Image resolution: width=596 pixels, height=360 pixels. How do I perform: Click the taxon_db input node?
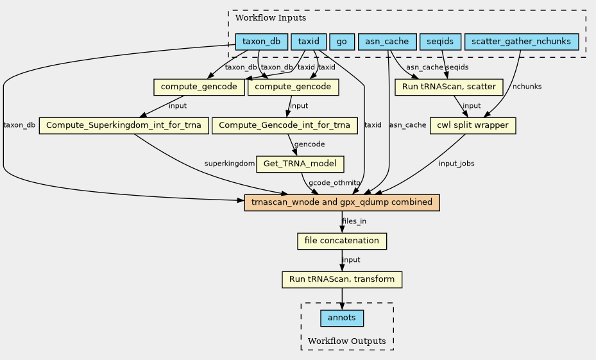pyautogui.click(x=262, y=42)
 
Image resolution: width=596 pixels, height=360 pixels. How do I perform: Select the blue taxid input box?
pyautogui.click(x=309, y=42)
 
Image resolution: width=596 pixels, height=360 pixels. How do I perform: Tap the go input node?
pyautogui.click(x=342, y=42)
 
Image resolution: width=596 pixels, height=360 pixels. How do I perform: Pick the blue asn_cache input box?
pyautogui.click(x=387, y=42)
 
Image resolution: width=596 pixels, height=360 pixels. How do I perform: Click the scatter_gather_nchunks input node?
pyautogui.click(x=522, y=42)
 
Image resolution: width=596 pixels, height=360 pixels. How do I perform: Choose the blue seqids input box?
pyautogui.click(x=440, y=42)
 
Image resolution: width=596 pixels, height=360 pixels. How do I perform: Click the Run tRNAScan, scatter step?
pyautogui.click(x=449, y=87)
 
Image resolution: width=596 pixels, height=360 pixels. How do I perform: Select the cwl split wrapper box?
pyautogui.click(x=473, y=125)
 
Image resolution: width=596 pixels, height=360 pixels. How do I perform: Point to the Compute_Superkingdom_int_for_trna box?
pyautogui.click(x=124, y=125)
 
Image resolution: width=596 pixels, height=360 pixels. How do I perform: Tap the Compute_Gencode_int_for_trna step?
pyautogui.click(x=285, y=125)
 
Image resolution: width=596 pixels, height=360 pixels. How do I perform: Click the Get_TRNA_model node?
pyautogui.click(x=300, y=164)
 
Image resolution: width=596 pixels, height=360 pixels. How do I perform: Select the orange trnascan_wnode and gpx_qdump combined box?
pyautogui.click(x=342, y=203)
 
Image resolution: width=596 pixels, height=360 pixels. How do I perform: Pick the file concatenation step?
pyautogui.click(x=342, y=241)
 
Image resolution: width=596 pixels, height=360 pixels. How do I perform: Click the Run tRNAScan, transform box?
pyautogui.click(x=342, y=279)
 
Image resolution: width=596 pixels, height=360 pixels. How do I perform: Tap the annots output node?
pyautogui.click(x=342, y=318)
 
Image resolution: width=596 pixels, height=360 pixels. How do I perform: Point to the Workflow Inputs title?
pyautogui.click(x=271, y=18)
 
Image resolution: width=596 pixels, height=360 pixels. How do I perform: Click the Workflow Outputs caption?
pyautogui.click(x=346, y=341)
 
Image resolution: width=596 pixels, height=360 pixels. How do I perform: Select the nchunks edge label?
pyautogui.click(x=527, y=87)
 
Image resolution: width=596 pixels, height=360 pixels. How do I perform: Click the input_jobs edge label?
pyautogui.click(x=457, y=164)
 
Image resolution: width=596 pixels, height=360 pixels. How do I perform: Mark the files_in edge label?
pyautogui.click(x=354, y=221)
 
